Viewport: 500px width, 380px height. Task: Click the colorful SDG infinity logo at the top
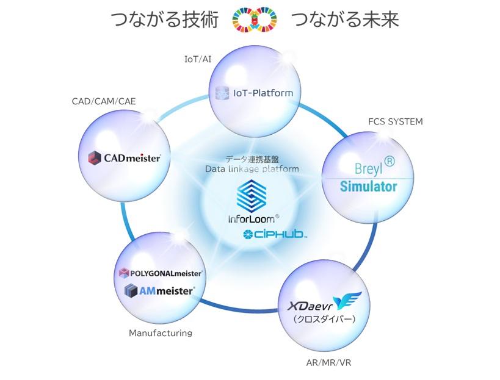255,20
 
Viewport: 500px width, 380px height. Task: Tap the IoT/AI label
198,59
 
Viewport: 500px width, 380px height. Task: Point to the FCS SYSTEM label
396,121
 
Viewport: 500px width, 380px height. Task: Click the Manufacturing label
161,333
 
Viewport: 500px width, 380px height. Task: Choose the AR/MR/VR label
328,363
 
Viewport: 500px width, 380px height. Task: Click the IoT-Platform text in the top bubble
263,93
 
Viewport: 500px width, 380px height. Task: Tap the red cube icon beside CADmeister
94,158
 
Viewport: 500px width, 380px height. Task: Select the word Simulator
369,187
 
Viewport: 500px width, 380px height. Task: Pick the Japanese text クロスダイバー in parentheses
324,318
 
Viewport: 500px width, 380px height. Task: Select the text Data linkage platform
252,168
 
